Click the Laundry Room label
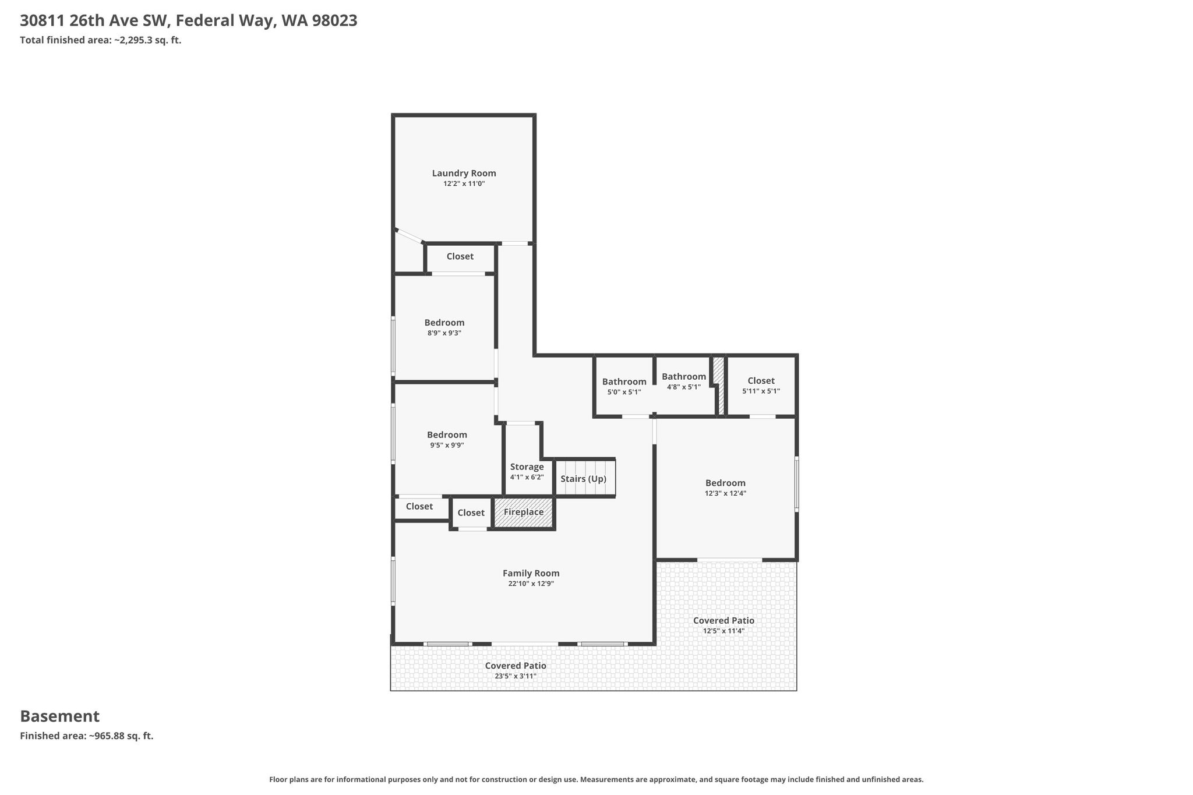click(x=464, y=173)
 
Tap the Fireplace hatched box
click(x=524, y=513)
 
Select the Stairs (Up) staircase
click(x=584, y=478)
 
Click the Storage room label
click(x=527, y=467)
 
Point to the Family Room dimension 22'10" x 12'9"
click(x=531, y=584)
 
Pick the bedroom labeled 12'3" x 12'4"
click(x=725, y=488)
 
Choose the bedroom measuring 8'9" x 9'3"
click(x=444, y=327)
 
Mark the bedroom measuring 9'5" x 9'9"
click(x=447, y=439)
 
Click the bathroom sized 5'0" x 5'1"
click(x=624, y=386)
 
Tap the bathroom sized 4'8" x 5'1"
click(x=683, y=386)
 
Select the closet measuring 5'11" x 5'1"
click(x=761, y=386)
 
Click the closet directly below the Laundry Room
click(x=460, y=257)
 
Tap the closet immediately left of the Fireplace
click(x=471, y=513)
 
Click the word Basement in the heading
click(x=60, y=716)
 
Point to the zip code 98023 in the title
click(x=334, y=21)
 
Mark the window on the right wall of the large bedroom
click(x=796, y=484)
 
